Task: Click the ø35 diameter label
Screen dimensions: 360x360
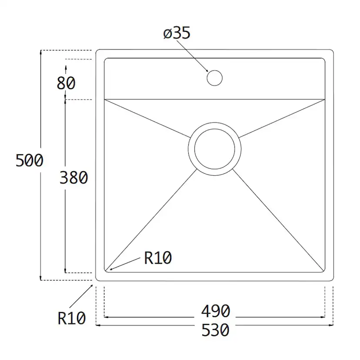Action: pos(177,34)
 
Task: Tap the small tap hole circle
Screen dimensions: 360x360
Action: pos(214,78)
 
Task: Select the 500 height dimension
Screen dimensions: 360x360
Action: pos(29,160)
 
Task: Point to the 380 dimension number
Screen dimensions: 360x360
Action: pos(73,177)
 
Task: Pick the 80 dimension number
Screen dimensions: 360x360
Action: pos(66,83)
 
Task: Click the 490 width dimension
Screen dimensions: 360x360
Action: pos(215,311)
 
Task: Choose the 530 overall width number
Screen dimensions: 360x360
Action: pos(215,330)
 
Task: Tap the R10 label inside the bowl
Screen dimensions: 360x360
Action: pos(158,259)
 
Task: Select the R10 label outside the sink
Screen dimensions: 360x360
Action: pos(72,319)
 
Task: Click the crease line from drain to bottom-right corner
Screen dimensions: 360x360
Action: pos(278,217)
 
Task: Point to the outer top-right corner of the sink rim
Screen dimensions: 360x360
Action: pos(332,51)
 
